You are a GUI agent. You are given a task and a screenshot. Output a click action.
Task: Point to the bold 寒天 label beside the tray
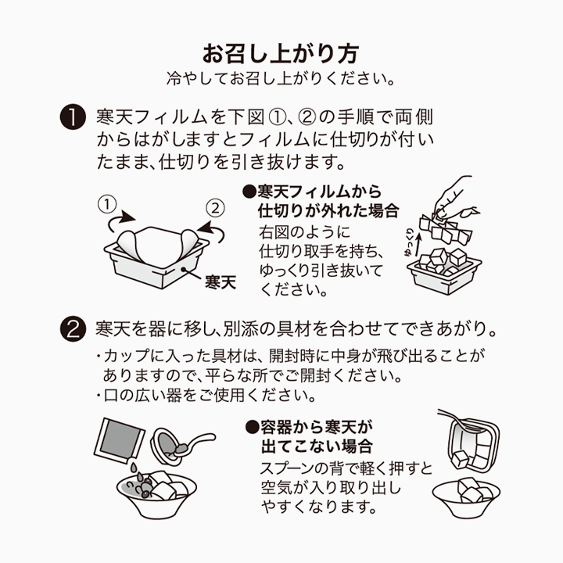click(220, 281)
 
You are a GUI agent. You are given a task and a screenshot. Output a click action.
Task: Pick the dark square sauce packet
click(120, 442)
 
